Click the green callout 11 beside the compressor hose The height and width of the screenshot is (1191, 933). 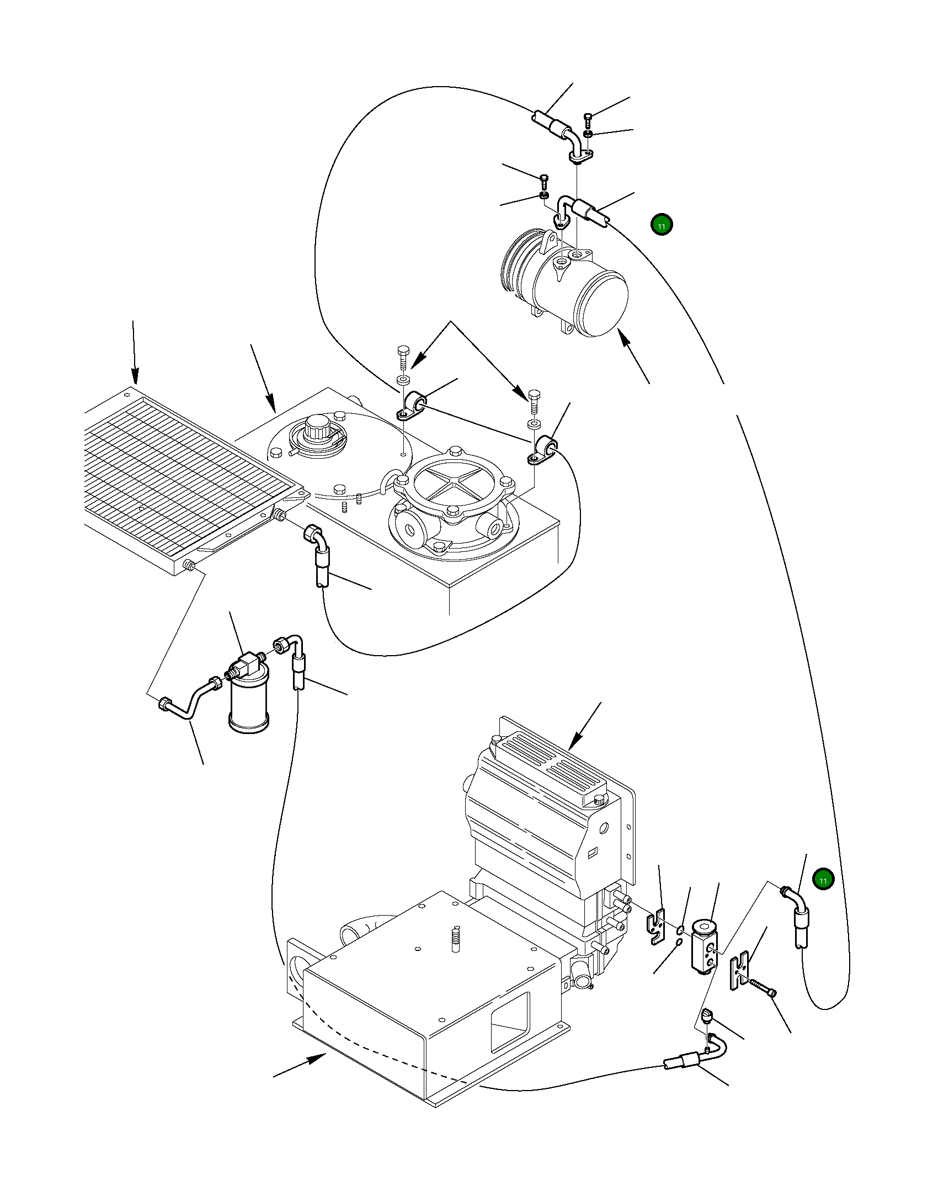tap(662, 225)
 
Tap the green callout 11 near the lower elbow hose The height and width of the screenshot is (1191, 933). tap(823, 879)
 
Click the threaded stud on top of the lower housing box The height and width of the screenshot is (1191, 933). tap(455, 939)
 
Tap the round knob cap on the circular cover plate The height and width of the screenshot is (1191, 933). tap(317, 428)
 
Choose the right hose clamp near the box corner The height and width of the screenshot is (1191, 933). tap(543, 450)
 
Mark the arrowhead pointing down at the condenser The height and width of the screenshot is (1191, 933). tap(135, 377)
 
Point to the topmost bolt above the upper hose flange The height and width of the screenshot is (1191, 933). tap(588, 118)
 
